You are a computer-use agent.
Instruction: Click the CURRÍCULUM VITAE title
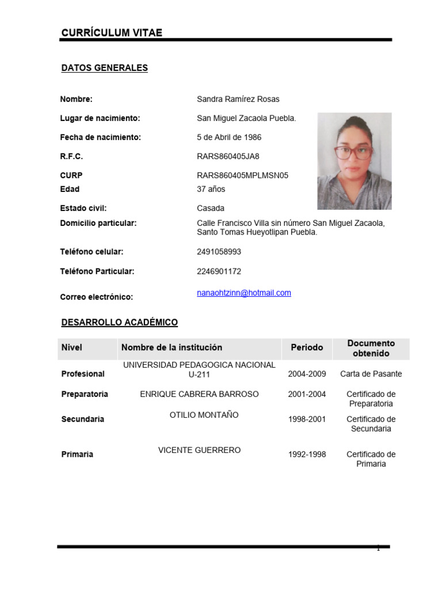[x=112, y=33]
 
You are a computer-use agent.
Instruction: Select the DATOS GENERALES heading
[x=104, y=68]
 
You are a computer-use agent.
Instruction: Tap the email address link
[x=244, y=293]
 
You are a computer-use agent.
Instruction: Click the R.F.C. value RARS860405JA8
[x=228, y=156]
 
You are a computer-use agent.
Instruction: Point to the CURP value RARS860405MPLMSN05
[x=242, y=175]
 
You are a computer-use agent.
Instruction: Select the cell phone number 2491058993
[x=219, y=252]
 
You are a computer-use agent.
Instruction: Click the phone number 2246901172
[x=219, y=271]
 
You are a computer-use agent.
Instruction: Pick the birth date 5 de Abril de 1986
[x=229, y=137]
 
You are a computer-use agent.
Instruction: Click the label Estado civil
[x=83, y=208]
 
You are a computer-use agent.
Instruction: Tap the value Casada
[x=211, y=208]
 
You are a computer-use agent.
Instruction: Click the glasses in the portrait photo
[x=353, y=153]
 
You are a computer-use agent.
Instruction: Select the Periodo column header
[x=307, y=347]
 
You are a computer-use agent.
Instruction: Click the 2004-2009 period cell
[x=307, y=374]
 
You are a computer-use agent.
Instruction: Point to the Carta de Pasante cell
[x=371, y=374]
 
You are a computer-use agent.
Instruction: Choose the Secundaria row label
[x=83, y=419]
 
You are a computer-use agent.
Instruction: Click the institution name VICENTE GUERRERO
[x=199, y=450]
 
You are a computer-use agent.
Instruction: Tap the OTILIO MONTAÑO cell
[x=204, y=415]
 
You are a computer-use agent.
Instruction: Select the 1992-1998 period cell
[x=307, y=455]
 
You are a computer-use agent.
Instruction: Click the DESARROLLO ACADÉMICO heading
[x=120, y=323]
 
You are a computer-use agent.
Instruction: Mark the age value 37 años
[x=211, y=189]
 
